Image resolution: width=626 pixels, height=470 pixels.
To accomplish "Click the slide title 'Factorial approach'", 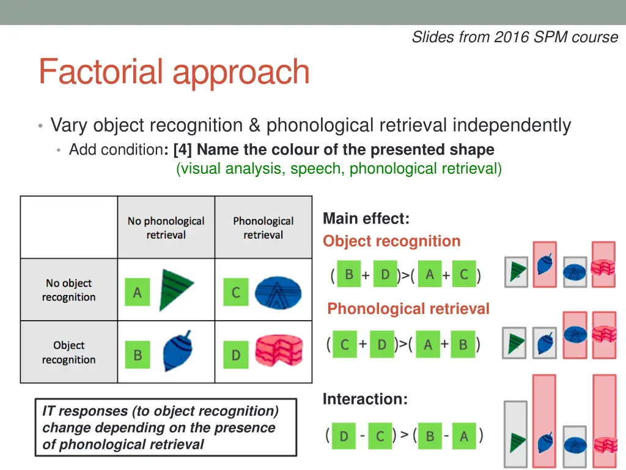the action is coord(174,72).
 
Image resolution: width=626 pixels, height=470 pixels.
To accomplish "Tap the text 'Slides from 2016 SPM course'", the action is coord(515,37).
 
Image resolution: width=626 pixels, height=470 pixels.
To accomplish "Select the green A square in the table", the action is coord(137,293).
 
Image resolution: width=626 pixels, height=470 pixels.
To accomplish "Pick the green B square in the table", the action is coord(137,355).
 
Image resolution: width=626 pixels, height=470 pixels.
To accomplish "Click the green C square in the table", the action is coord(235,293).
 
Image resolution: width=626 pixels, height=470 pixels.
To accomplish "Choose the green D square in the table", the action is coord(235,355).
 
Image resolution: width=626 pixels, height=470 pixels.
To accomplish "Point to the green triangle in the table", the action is coord(174,289).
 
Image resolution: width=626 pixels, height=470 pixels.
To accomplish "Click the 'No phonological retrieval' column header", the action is coord(166,228).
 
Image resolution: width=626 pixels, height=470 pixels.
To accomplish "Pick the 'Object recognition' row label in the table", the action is coord(68,352).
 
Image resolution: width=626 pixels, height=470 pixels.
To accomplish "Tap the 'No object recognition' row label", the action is coord(68,290).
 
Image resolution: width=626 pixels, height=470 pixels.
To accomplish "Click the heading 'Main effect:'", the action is coord(366,218).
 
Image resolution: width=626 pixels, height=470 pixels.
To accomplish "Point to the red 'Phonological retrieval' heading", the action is coord(408,309).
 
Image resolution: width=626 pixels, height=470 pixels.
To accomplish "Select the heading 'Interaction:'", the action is coord(365,399).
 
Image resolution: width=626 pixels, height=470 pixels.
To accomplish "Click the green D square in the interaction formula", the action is coord(344,436).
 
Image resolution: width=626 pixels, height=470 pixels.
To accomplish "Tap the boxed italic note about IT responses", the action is coord(165,427).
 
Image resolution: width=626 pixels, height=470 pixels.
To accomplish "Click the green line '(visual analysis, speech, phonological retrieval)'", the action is coord(339,168).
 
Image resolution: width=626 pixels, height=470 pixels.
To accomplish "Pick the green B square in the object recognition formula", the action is coord(348,275).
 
